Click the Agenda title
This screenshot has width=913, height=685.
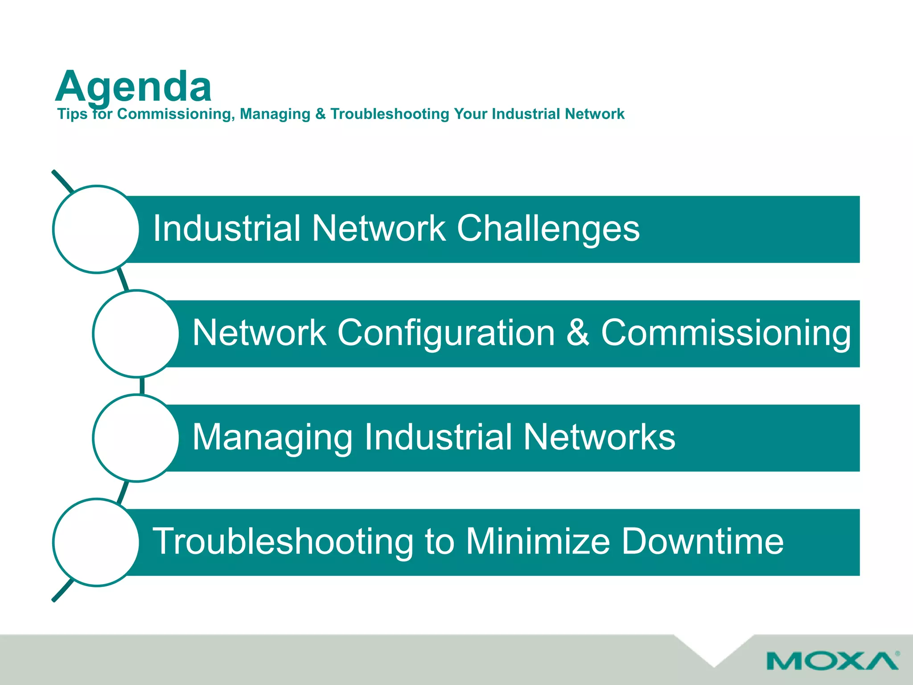[x=133, y=87]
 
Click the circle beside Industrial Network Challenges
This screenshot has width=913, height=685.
[x=96, y=229]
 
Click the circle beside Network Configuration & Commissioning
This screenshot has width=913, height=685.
[x=136, y=334]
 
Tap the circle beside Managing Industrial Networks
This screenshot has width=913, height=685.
[x=136, y=438]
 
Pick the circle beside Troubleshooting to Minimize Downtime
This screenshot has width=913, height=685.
[x=96, y=542]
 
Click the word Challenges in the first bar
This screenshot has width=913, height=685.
[x=548, y=228]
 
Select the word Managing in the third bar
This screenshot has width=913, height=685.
[x=273, y=438]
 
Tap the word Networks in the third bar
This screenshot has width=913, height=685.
[x=599, y=437]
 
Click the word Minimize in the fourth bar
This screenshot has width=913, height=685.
[x=538, y=541]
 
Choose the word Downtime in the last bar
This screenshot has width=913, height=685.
[x=702, y=541]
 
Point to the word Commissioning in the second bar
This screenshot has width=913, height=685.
[x=726, y=333]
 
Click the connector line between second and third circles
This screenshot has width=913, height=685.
[x=142, y=386]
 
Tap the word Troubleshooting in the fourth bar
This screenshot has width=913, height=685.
[x=283, y=542]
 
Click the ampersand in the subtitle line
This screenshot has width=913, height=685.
[x=320, y=114]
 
